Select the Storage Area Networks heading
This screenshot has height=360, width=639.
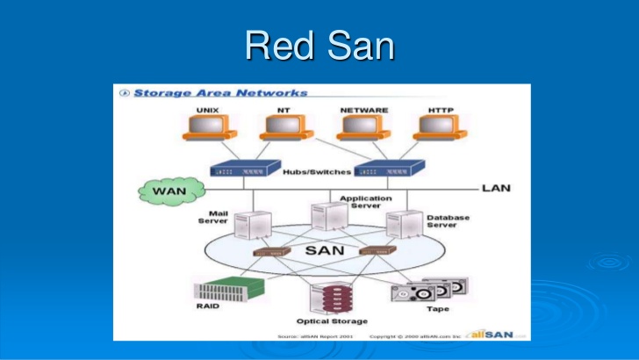coord(220,92)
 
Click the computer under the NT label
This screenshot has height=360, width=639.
coord(284,127)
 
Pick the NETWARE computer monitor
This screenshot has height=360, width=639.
coord(363,127)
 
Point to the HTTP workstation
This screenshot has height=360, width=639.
coord(440,127)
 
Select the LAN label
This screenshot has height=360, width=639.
coord(496,188)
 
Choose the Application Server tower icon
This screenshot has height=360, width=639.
coord(324,218)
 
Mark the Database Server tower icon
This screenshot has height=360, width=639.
coord(400,225)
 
